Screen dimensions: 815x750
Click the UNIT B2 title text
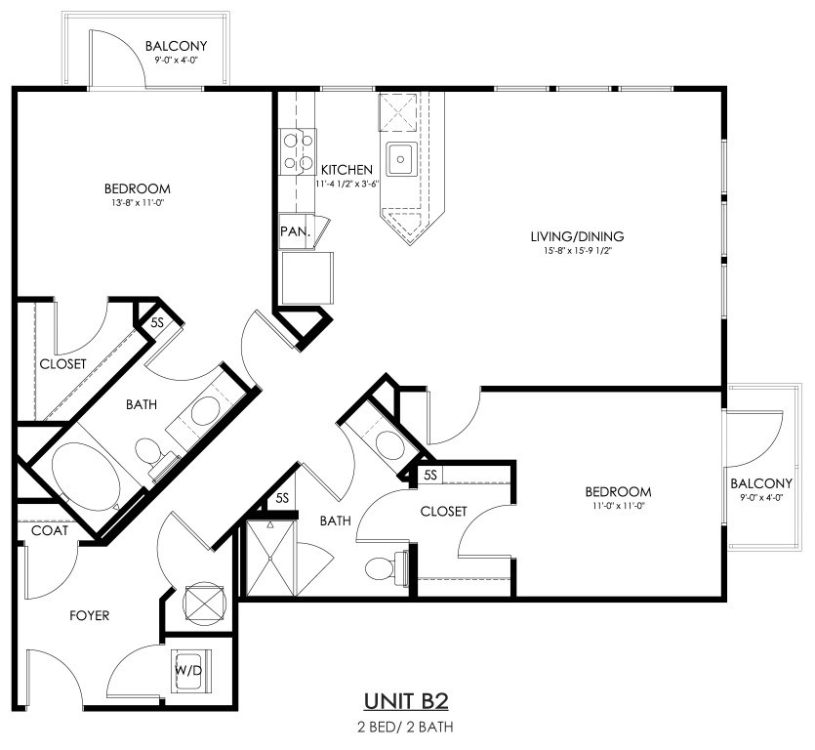[x=406, y=701]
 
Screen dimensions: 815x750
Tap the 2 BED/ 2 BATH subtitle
[x=405, y=727]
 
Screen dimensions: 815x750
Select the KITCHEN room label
[x=346, y=170]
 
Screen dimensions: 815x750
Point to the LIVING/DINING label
[x=577, y=236]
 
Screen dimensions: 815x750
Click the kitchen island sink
[x=401, y=157]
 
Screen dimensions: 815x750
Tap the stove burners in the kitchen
[x=298, y=151]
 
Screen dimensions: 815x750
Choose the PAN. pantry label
[x=295, y=231]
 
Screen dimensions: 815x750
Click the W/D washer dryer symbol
[x=189, y=671]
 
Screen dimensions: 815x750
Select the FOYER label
[x=90, y=616]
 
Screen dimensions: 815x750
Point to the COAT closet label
[x=50, y=530]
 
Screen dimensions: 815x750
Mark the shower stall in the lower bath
[x=269, y=558]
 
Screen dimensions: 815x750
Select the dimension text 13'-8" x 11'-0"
[x=138, y=203]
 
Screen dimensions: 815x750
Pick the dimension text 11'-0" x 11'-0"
[x=618, y=505]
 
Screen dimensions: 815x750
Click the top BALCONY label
[x=177, y=46]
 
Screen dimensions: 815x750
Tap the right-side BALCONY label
[x=761, y=483]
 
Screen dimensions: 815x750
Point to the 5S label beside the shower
[x=282, y=498]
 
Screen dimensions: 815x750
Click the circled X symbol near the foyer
[x=205, y=604]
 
